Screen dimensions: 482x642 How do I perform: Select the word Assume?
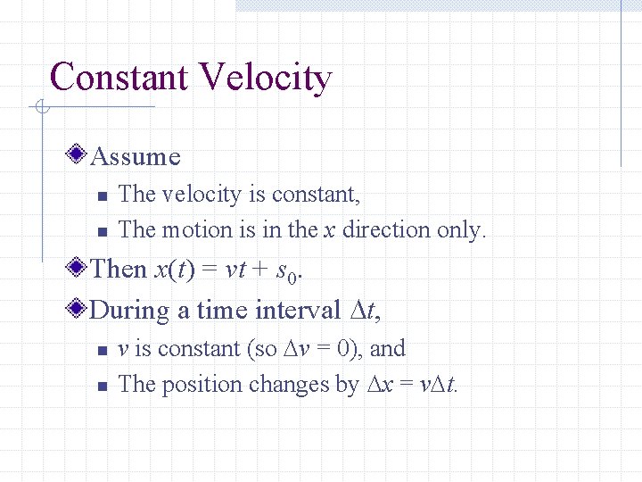coord(136,157)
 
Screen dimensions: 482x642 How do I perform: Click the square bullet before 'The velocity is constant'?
coord(102,195)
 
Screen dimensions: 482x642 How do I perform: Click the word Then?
coord(119,269)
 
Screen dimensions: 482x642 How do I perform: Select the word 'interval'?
coord(298,310)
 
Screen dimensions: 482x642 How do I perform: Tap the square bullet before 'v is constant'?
coord(102,350)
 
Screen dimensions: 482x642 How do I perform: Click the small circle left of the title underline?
coord(41,108)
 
